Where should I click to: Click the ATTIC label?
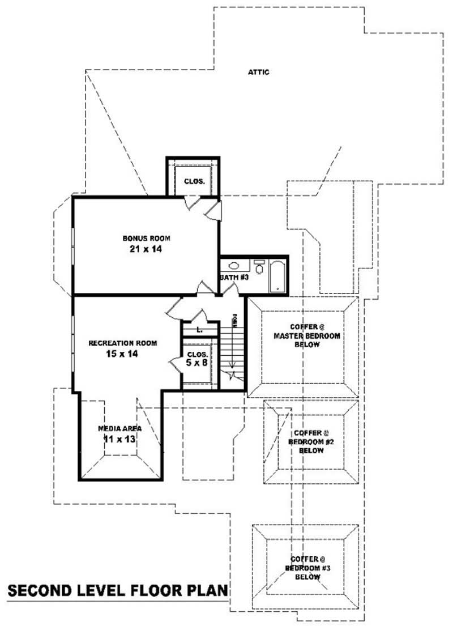click(258, 72)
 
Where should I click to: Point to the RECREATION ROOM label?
click(123, 343)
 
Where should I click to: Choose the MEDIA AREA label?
click(119, 428)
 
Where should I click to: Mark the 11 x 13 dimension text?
click(119, 439)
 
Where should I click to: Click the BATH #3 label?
click(232, 278)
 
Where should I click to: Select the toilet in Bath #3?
click(259, 268)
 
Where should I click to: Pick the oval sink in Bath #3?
click(233, 265)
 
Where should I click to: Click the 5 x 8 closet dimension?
click(196, 363)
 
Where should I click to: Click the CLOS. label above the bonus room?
click(194, 182)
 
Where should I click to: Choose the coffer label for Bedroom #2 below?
click(309, 441)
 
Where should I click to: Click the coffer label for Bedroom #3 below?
click(306, 567)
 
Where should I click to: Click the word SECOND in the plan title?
click(40, 591)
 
